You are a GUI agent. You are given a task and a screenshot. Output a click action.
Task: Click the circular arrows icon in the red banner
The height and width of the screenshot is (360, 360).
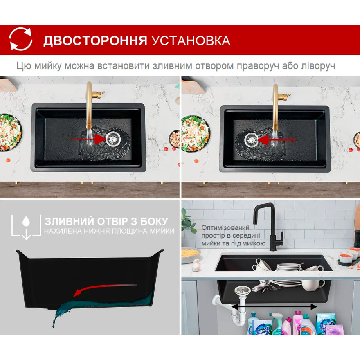point(21,39)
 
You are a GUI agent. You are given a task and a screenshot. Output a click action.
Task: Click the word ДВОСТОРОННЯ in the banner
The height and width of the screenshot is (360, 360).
point(95,41)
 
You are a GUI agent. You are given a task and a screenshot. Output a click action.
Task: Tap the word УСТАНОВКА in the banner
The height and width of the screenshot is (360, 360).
point(191,41)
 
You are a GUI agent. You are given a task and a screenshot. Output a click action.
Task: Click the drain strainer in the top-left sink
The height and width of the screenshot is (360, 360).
point(112,139)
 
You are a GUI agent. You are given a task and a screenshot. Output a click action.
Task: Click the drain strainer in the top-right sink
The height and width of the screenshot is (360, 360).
point(251,139)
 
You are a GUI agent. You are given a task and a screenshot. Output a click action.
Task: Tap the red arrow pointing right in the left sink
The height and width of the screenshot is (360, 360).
point(89,139)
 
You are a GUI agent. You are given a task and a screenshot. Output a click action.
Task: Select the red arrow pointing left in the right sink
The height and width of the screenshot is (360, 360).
point(277,139)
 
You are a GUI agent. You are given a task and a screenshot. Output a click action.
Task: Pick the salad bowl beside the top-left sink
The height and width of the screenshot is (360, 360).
point(10,132)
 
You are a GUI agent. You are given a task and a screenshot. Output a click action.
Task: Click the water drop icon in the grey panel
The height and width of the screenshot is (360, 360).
point(26,221)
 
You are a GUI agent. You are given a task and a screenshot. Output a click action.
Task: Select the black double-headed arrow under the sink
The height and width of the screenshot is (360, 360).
point(274,306)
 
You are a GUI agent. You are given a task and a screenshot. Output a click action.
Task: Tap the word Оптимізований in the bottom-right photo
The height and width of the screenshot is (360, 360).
point(225,228)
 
